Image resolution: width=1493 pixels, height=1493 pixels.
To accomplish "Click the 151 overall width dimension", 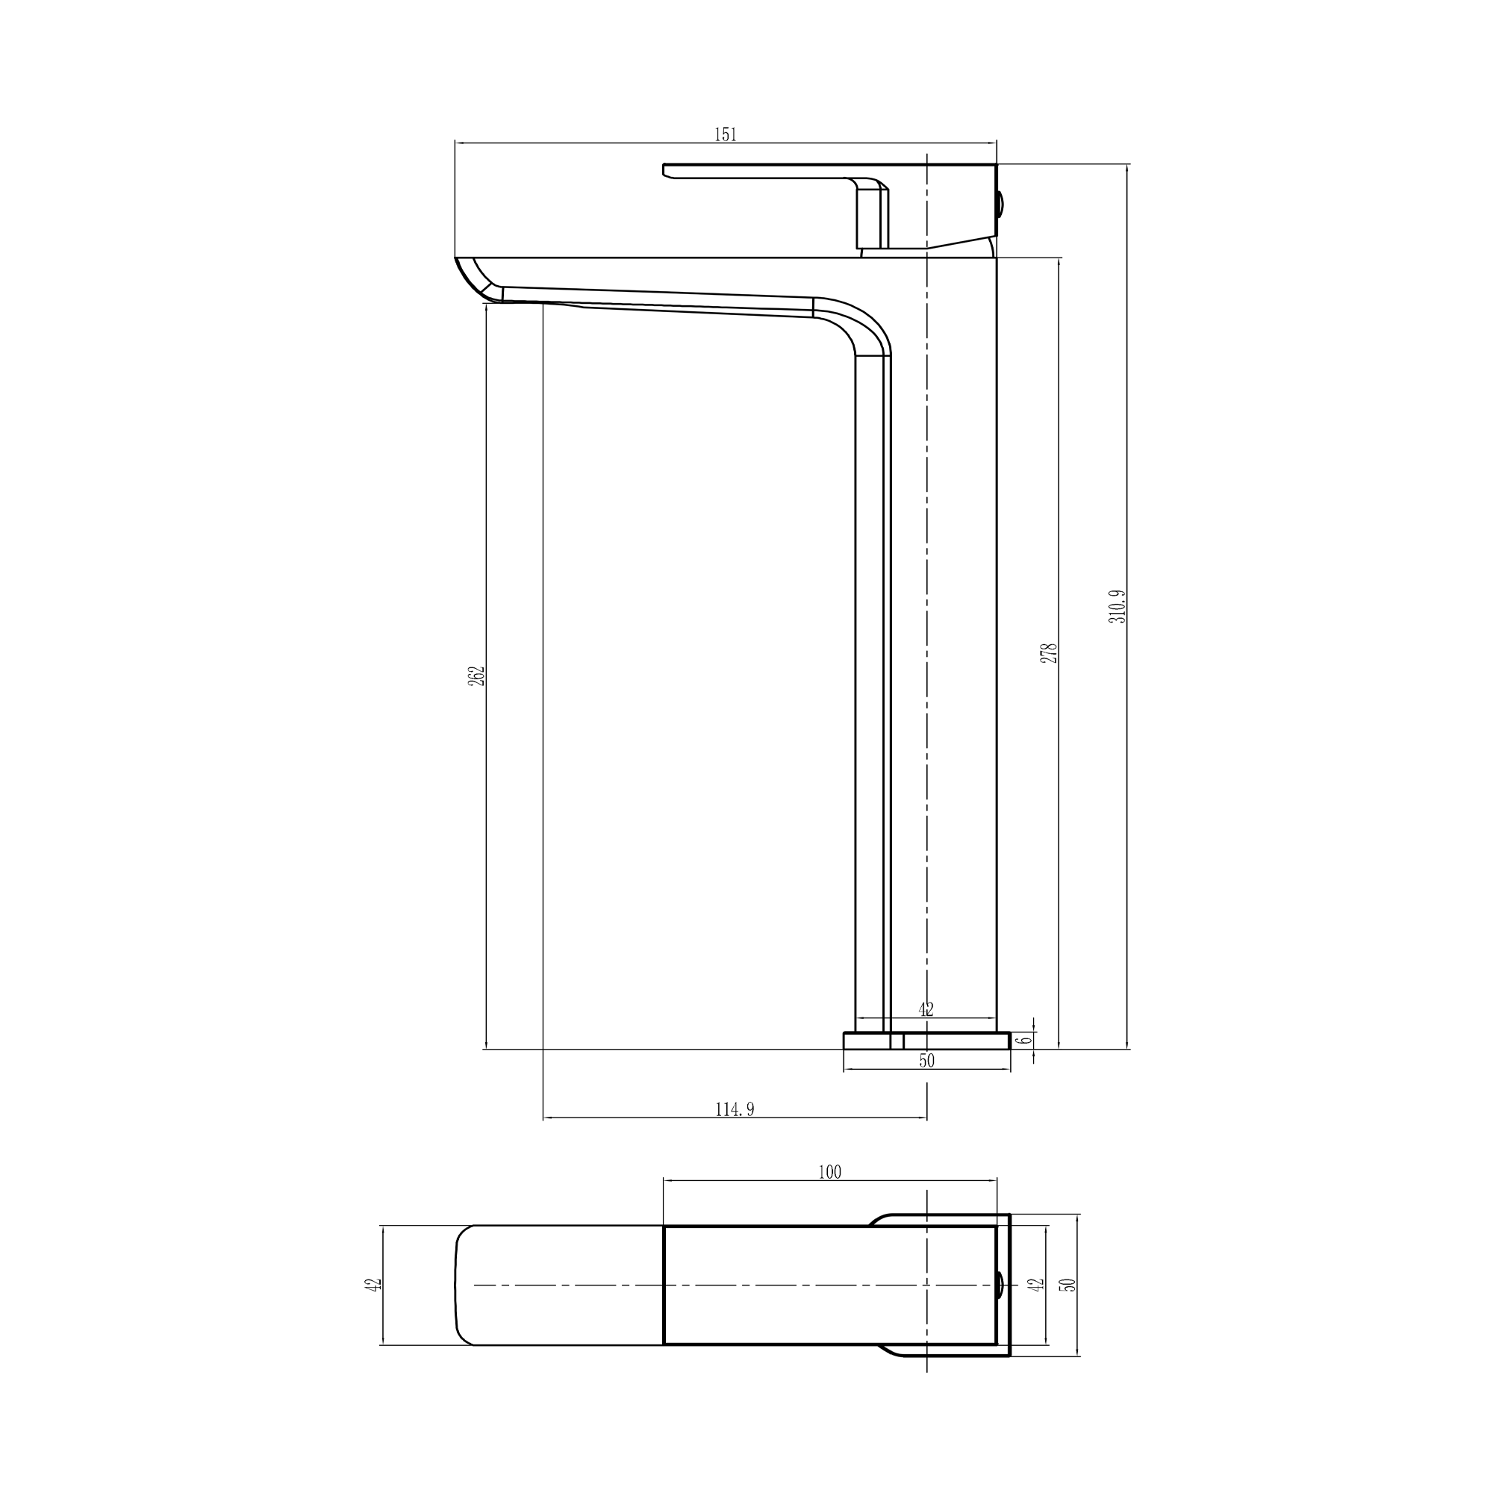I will point(725,134).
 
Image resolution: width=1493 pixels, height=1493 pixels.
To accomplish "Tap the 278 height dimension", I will point(1049,653).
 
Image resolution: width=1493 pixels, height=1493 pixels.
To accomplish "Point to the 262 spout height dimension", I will point(477,676).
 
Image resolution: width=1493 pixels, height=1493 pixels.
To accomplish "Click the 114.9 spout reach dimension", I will point(734,1110).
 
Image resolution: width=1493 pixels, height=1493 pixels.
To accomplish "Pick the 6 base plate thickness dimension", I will point(1026,1039).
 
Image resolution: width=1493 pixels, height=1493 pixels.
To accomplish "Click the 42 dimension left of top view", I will point(373,1284).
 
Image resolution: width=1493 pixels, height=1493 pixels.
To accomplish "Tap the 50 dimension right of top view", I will point(1070,1284).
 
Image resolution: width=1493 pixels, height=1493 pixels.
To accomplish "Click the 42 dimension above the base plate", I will point(926,1009).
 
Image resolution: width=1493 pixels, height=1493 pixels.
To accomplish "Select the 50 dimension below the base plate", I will point(926,1061).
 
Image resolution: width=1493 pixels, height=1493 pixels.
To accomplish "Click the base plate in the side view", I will point(926,1041).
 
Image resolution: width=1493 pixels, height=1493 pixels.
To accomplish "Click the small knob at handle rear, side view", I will point(1001,204).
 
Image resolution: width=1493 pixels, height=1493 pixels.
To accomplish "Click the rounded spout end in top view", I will point(464,1284).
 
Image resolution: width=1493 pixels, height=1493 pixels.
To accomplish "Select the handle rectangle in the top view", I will point(829,1284).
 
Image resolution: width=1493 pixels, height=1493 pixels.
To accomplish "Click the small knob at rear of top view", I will point(1000,1284).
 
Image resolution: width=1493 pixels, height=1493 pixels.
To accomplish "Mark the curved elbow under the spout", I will point(858,325).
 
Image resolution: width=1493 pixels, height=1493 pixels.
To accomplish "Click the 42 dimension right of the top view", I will point(1038,1284).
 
